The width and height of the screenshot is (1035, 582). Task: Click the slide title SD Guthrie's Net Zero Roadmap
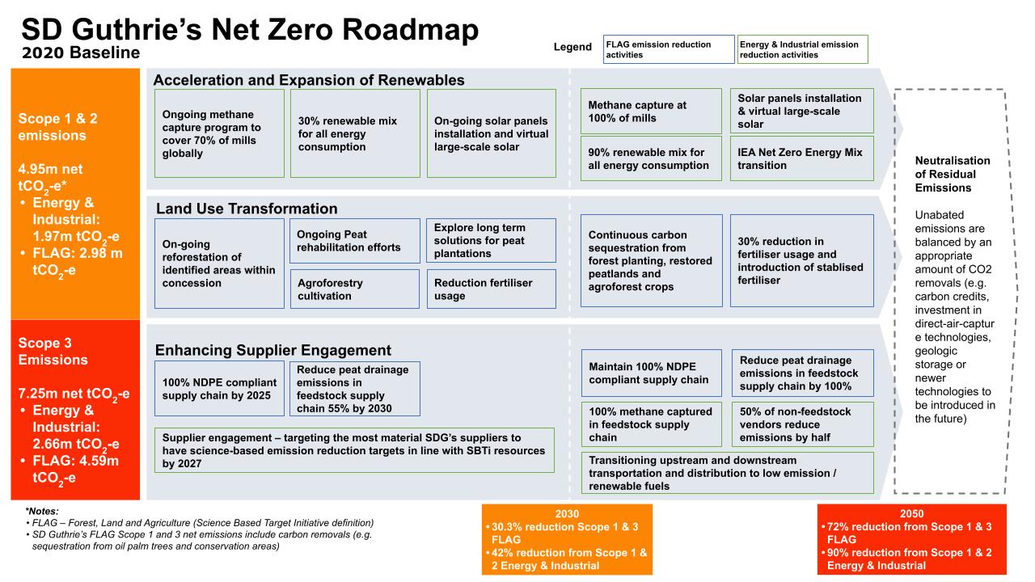[x=250, y=30]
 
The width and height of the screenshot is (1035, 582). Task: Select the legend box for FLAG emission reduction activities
[x=669, y=49]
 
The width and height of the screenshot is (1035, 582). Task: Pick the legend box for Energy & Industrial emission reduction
[x=803, y=49]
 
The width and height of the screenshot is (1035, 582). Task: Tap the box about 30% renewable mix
[x=355, y=133]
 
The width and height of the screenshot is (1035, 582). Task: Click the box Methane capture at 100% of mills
[x=651, y=112]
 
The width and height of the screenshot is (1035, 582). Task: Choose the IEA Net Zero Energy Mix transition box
[x=801, y=158]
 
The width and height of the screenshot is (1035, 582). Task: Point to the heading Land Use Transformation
[x=247, y=209]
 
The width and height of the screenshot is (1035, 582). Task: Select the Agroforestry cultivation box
[x=355, y=289]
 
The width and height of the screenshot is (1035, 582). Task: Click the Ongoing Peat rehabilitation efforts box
[x=355, y=241]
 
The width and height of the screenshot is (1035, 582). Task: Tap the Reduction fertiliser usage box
[x=491, y=289]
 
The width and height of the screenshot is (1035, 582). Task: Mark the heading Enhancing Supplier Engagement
[x=273, y=350]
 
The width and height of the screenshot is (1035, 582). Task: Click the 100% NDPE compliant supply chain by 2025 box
[x=219, y=389]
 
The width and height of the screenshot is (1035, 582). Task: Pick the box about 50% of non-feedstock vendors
[x=803, y=424]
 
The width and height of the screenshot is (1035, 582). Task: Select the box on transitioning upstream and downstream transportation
[x=727, y=473]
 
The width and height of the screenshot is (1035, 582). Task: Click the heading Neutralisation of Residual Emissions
[x=953, y=174]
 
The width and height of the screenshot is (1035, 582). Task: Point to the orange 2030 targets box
[x=567, y=539]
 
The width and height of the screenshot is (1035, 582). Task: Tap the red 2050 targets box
[x=911, y=539]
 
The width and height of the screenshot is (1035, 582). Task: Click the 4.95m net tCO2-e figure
[x=50, y=177]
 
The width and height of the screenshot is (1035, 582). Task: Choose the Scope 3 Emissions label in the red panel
[x=53, y=351]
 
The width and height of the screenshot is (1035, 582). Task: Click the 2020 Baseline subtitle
[x=81, y=53]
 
